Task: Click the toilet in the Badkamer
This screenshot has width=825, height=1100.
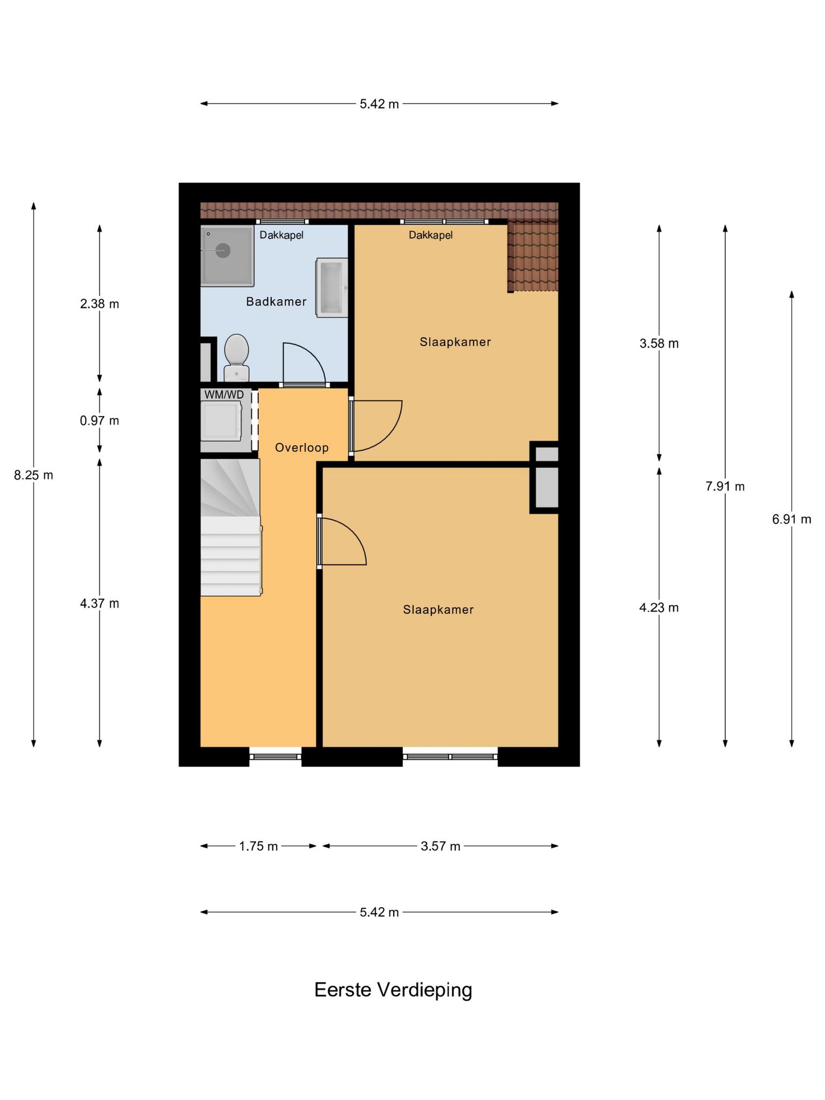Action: [236, 357]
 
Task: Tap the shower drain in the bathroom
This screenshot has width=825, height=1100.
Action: [223, 250]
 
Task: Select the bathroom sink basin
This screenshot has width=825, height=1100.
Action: [332, 287]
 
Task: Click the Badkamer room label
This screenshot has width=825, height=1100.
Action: [276, 302]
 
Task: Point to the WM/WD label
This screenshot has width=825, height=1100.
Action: [224, 395]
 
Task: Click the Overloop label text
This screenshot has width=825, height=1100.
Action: [302, 447]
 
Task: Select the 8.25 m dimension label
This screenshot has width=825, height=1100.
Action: [33, 475]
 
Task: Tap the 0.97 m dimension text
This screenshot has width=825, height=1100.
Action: [99, 421]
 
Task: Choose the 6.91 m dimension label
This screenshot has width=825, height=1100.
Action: [792, 519]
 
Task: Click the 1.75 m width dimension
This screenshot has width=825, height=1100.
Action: [258, 846]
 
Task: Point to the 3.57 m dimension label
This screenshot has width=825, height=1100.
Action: [440, 846]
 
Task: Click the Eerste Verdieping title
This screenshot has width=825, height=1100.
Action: [393, 990]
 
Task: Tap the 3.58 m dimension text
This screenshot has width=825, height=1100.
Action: [659, 344]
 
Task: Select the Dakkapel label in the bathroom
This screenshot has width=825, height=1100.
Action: [281, 235]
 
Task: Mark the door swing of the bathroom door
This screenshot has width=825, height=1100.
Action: [305, 363]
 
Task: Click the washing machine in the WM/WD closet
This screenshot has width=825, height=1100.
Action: [221, 421]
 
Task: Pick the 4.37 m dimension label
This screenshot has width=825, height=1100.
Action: [99, 604]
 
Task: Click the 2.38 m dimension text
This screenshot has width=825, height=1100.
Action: [99, 304]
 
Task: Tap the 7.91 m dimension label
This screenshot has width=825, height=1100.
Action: [725, 487]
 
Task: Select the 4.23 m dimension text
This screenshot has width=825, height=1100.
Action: [659, 608]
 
